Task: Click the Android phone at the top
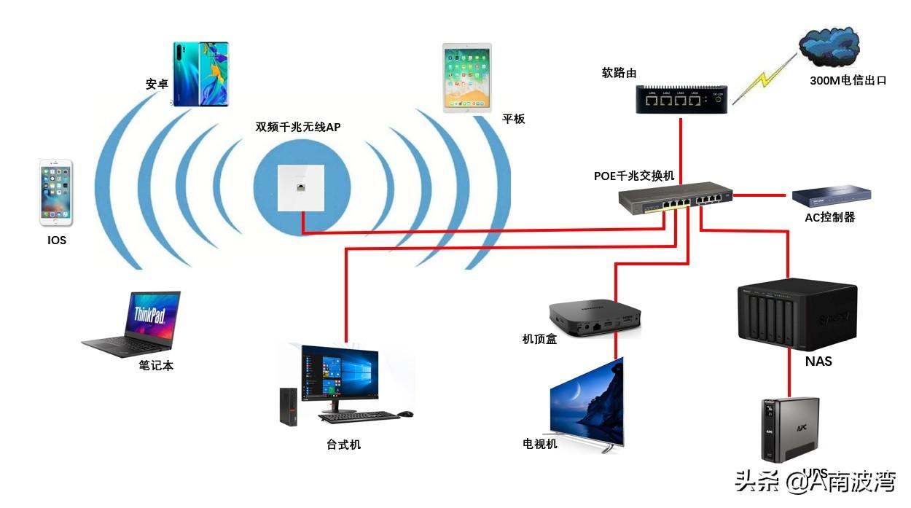click(x=200, y=74)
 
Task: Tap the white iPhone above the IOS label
click(x=56, y=192)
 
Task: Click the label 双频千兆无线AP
click(x=297, y=127)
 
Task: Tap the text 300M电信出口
click(x=848, y=81)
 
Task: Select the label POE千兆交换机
click(x=634, y=176)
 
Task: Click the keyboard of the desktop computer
click(x=359, y=417)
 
